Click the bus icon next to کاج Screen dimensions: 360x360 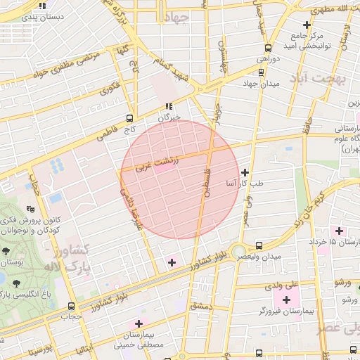(x=130, y=118)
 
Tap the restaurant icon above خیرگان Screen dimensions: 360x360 (x=168, y=106)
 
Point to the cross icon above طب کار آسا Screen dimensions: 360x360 (x=245, y=172)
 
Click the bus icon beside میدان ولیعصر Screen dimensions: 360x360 (x=259, y=245)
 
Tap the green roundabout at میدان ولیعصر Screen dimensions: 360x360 (x=240, y=251)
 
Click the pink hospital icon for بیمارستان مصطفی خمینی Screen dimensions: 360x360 (x=138, y=324)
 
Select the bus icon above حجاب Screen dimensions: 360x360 (x=71, y=306)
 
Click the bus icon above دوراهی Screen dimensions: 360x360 (x=268, y=49)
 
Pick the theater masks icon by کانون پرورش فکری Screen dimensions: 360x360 (x=30, y=209)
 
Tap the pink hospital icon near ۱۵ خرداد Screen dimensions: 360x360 (x=340, y=231)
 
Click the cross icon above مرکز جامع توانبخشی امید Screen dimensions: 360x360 (x=307, y=25)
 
